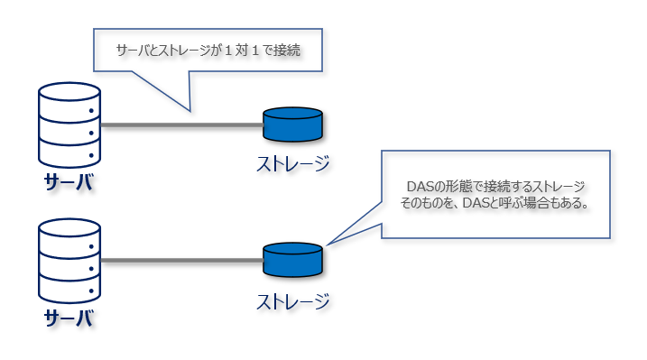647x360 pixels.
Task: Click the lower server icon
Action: tap(69, 262)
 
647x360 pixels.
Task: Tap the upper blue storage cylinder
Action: tap(292, 125)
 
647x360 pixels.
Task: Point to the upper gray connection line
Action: tap(180, 125)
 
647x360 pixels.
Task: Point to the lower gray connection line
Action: tap(180, 261)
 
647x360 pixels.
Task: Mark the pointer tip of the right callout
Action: tap(328, 244)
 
